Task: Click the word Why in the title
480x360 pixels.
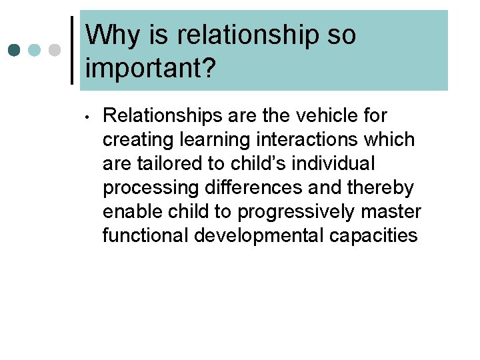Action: (109, 35)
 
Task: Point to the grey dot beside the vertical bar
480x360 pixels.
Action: (55, 51)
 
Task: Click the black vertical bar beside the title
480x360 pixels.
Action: (72, 51)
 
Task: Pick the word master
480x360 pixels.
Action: (395, 212)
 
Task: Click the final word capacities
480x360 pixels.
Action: (379, 236)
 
